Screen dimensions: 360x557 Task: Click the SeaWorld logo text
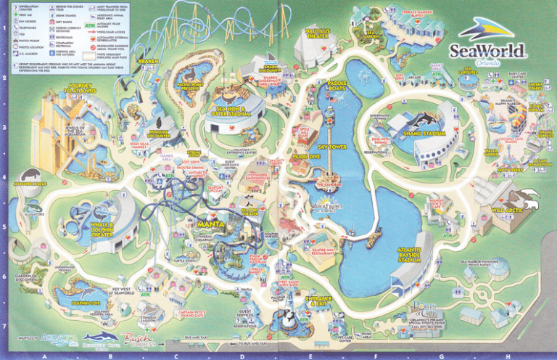pyautogui.click(x=484, y=50)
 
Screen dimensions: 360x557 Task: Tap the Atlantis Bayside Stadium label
pyautogui.click(x=410, y=254)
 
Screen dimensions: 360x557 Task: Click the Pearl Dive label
pyautogui.click(x=305, y=156)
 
